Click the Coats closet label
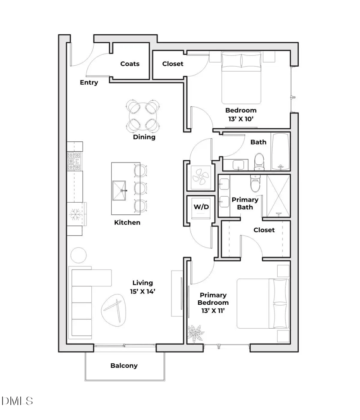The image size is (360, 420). (130, 64)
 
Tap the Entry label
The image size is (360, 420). (89, 82)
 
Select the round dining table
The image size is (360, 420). (143, 116)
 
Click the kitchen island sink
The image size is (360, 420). (119, 191)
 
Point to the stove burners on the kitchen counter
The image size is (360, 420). (74, 162)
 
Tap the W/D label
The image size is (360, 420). (201, 207)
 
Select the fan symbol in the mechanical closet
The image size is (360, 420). (201, 176)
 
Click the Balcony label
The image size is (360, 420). (124, 366)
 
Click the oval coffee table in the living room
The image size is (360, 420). (113, 310)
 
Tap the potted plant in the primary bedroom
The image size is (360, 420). (195, 334)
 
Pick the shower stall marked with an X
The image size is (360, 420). (278, 196)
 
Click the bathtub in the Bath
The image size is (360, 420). (280, 152)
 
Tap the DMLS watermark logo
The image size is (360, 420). (17, 401)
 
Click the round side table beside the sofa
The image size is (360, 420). (78, 255)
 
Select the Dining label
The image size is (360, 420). (144, 137)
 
